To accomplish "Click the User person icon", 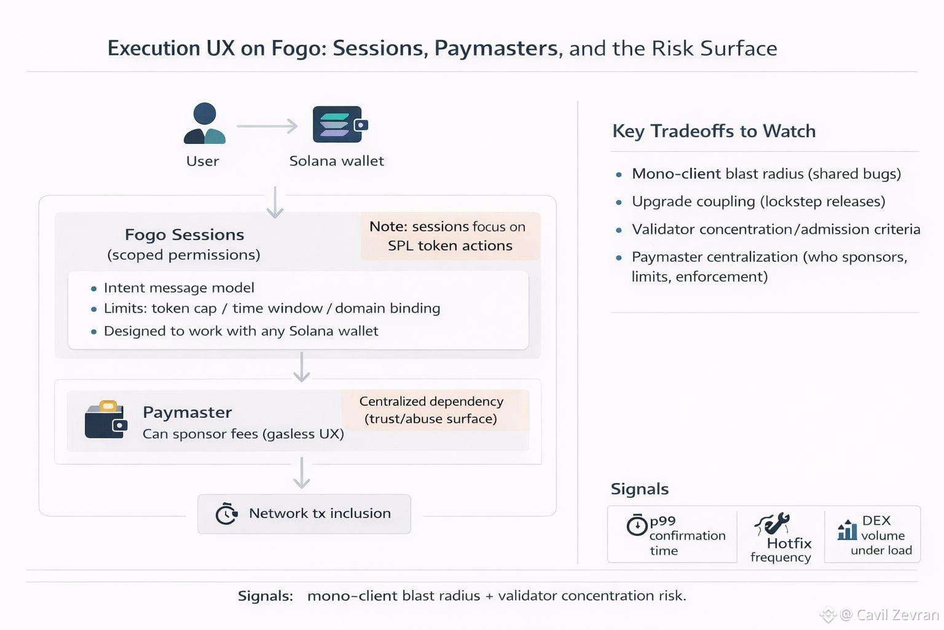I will (205, 124).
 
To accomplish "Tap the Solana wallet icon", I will (340, 124).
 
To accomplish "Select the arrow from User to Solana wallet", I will (267, 126).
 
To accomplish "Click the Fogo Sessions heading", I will (184, 234).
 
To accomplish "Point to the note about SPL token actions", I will (450, 236).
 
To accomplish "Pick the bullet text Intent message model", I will (179, 288).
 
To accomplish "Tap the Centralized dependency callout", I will (431, 410).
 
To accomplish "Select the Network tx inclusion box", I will (304, 514).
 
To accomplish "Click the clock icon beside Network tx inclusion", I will (226, 514).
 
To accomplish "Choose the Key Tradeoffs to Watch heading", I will (714, 131).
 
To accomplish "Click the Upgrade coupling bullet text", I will (758, 202).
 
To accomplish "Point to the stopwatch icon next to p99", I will (637, 525).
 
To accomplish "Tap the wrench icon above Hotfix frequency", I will (773, 524).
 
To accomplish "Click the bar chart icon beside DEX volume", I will (847, 529).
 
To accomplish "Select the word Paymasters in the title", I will (496, 48).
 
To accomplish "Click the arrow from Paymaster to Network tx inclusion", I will (301, 472).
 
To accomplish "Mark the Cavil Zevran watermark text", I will (889, 615).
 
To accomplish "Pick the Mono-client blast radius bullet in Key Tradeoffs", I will (766, 174).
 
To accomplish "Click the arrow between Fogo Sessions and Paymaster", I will (301, 367).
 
